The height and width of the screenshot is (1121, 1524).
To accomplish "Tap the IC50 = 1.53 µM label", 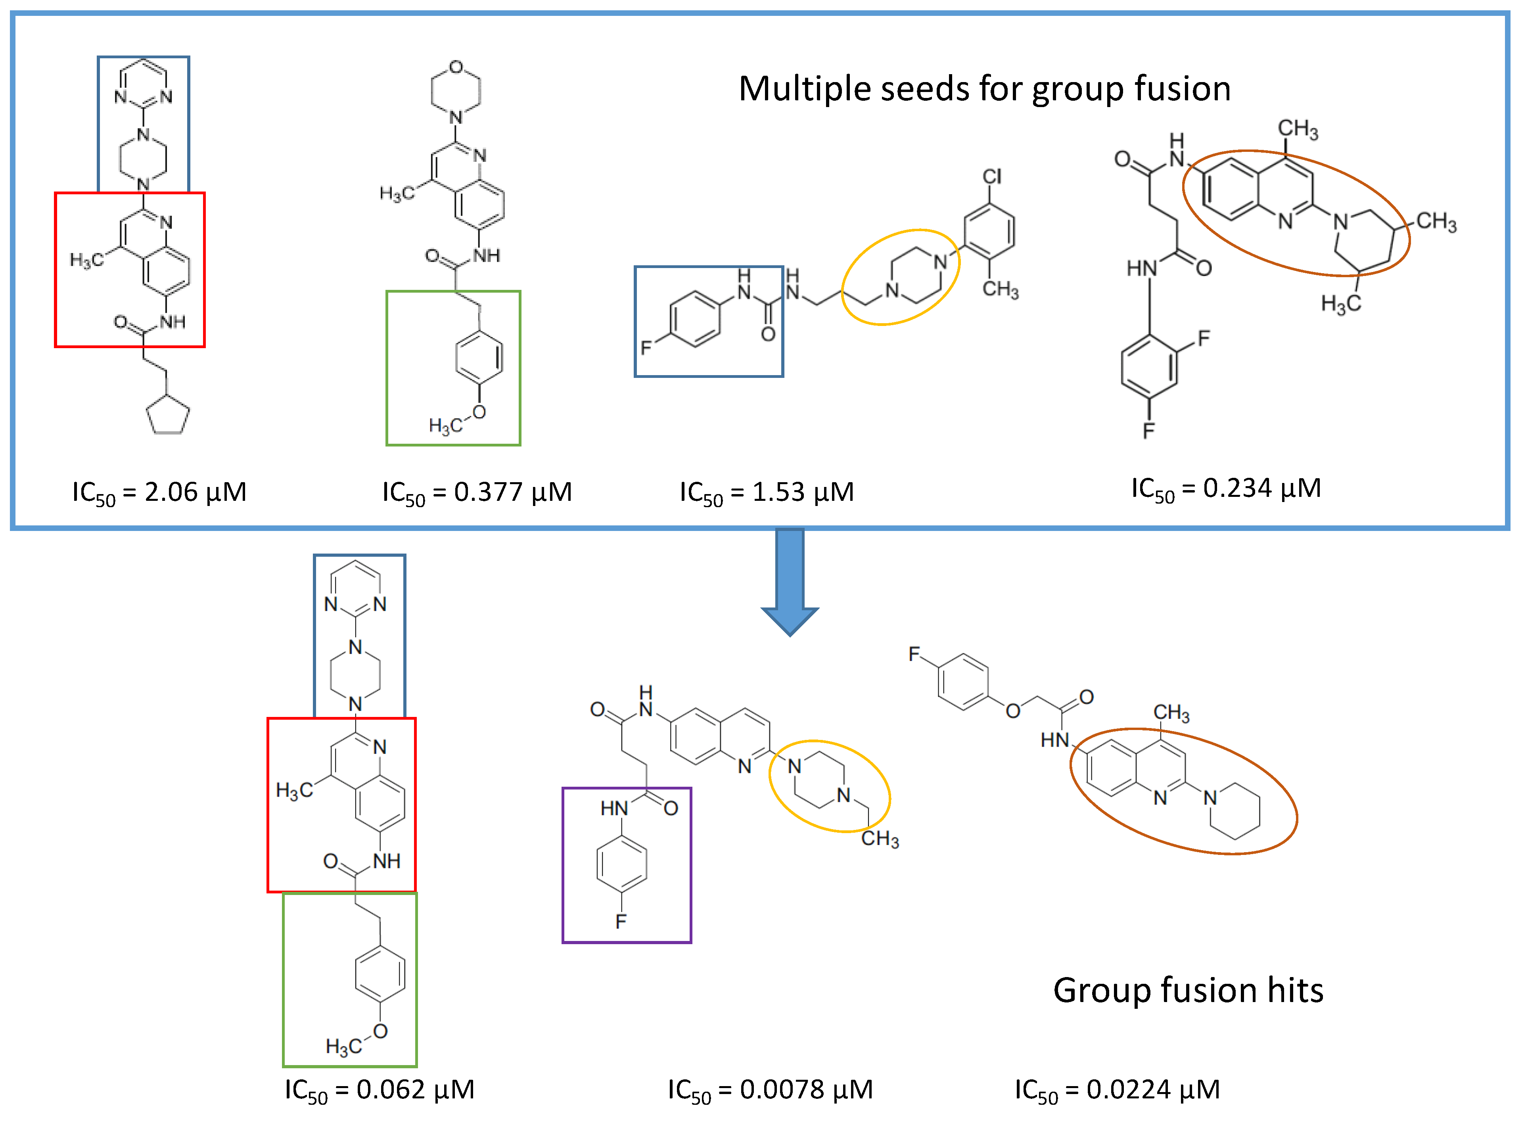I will [x=766, y=492].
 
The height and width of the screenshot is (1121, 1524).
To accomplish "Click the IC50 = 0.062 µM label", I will [x=379, y=1090].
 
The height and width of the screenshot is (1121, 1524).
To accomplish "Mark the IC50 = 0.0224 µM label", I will [x=1117, y=1090].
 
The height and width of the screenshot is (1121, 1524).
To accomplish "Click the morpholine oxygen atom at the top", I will [x=456, y=67].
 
